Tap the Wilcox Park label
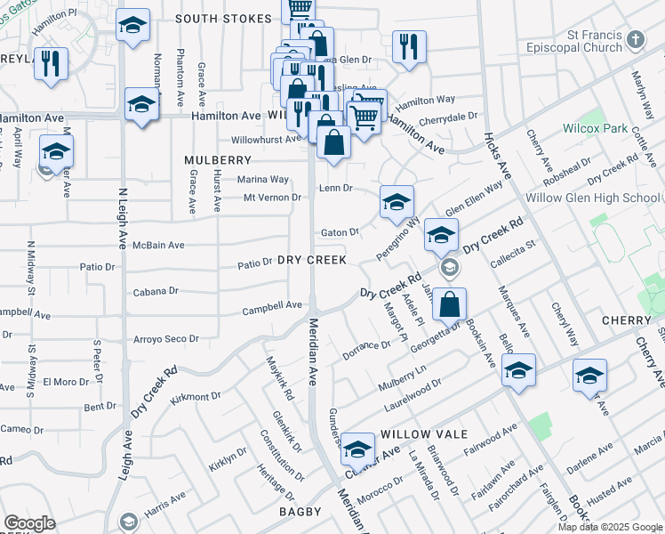[594, 128]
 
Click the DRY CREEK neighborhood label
[310, 260]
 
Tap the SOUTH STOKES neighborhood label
[223, 19]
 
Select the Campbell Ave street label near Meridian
[274, 305]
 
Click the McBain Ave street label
[158, 245]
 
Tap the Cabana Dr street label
[156, 290]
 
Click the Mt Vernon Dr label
[272, 197]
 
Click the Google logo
[29, 523]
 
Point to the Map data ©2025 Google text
[609, 527]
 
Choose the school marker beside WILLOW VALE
[357, 450]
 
